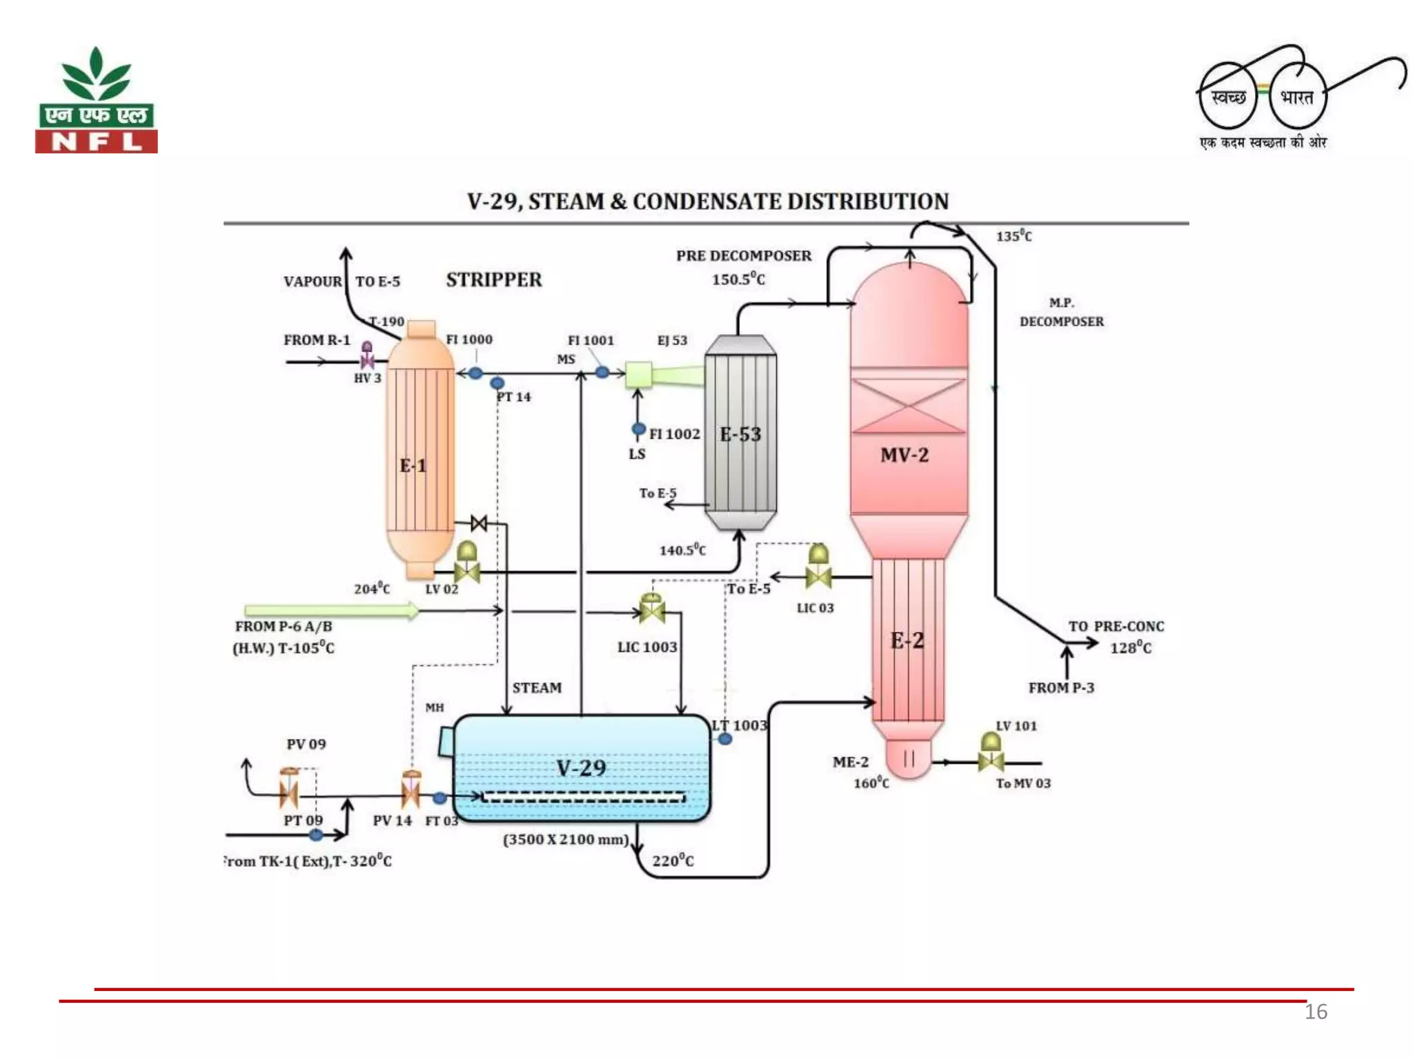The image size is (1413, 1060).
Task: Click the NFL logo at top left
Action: coord(97,101)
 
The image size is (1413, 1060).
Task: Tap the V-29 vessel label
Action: coord(581,768)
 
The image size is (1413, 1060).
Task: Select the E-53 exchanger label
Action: coord(740,435)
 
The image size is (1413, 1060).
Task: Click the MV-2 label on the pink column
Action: coord(905,455)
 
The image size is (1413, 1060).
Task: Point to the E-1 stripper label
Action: coord(413,466)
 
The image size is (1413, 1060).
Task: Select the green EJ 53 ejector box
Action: coord(638,375)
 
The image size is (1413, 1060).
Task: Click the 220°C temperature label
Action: coord(673,861)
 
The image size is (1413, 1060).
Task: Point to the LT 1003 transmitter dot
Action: coord(725,739)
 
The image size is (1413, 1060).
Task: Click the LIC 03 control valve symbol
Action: coord(818,569)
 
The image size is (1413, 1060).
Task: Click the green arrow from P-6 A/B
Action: coord(332,610)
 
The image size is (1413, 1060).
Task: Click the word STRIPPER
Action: coord(493,280)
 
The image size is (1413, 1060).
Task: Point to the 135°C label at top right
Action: coord(1014,236)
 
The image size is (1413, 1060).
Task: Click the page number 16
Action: coord(1315,1012)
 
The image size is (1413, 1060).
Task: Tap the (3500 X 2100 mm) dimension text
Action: coord(566,840)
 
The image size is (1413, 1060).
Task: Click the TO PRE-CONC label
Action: coord(1116,627)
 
